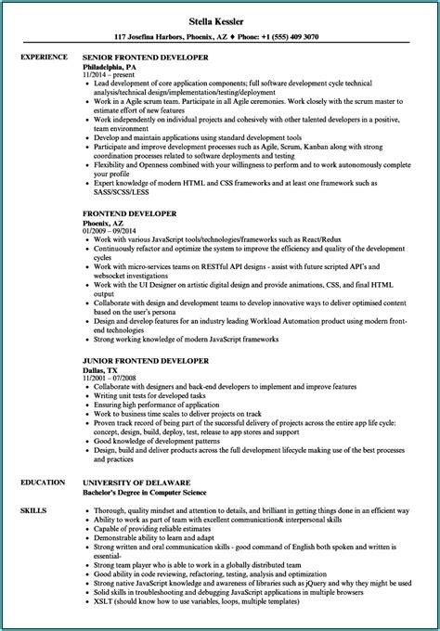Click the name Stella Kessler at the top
219,16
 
